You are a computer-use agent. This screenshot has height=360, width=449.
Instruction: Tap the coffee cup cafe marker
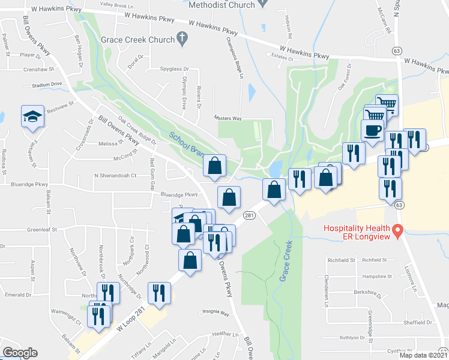tap(373, 130)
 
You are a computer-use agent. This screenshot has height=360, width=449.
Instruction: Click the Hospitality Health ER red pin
tap(397, 230)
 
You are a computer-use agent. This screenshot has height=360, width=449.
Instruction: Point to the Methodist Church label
tap(221, 5)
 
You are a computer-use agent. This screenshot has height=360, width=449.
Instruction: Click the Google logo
tap(20, 353)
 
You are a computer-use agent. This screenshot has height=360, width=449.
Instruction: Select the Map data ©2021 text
tap(424, 355)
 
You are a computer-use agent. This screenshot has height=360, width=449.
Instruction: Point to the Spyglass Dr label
tap(175, 69)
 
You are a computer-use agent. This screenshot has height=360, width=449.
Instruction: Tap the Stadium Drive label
tap(47, 85)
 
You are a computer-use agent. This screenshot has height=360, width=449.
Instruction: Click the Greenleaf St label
tap(41, 229)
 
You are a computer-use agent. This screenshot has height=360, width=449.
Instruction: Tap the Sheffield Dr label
tap(418, 322)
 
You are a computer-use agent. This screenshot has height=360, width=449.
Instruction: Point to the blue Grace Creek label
tap(285, 262)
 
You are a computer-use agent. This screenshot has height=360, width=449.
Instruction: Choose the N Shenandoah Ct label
tap(116, 176)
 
